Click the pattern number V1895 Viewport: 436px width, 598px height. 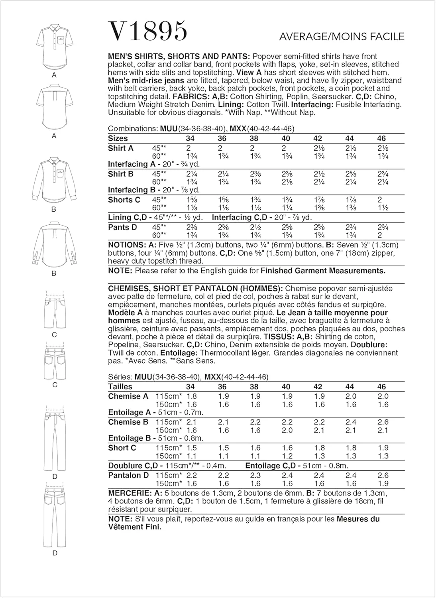147,31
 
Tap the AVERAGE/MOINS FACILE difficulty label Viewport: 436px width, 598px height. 342,37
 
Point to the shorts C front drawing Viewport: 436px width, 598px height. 55,311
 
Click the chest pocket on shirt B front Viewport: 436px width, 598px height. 60,173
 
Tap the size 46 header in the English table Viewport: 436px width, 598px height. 381,138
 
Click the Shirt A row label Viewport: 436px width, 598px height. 121,148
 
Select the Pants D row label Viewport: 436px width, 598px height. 122,227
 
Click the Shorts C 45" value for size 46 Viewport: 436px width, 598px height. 380,200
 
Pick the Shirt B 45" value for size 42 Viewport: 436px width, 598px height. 318,174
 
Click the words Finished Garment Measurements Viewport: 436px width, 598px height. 323,271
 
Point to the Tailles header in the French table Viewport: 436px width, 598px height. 120,386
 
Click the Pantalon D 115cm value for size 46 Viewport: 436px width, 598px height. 383,475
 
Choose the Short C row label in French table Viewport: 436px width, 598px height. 122,448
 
